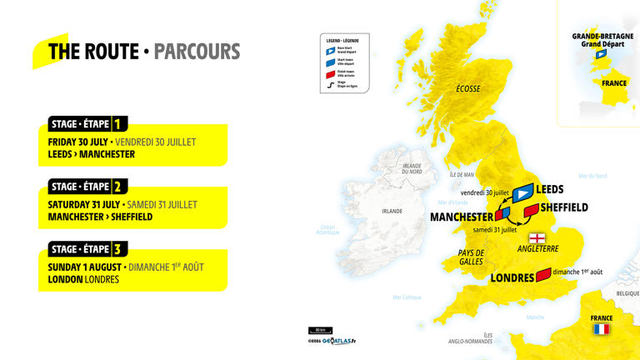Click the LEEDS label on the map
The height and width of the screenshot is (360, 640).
[x=549, y=189]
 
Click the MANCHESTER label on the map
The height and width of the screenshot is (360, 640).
[x=462, y=217]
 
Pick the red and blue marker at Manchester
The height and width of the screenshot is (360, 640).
[x=502, y=214]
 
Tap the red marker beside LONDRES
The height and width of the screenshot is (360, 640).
[x=543, y=274]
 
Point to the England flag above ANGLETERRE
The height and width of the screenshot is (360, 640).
[x=537, y=237]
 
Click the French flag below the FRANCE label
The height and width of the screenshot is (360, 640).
[x=601, y=329]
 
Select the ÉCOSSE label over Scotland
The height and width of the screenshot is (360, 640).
[x=467, y=89]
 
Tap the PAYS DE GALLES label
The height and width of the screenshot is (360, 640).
[x=472, y=257]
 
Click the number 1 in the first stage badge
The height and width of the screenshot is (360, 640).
[x=117, y=124]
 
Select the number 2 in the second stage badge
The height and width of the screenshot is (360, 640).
[x=117, y=187]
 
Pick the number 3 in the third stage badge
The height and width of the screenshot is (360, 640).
[x=117, y=249]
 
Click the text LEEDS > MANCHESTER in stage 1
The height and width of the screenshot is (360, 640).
[x=92, y=154]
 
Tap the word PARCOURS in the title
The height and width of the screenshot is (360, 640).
[x=197, y=52]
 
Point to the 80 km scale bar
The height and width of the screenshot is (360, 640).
[x=320, y=330]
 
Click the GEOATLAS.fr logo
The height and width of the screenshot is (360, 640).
[x=337, y=341]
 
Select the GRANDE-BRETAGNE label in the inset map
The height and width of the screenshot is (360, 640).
[x=602, y=36]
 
